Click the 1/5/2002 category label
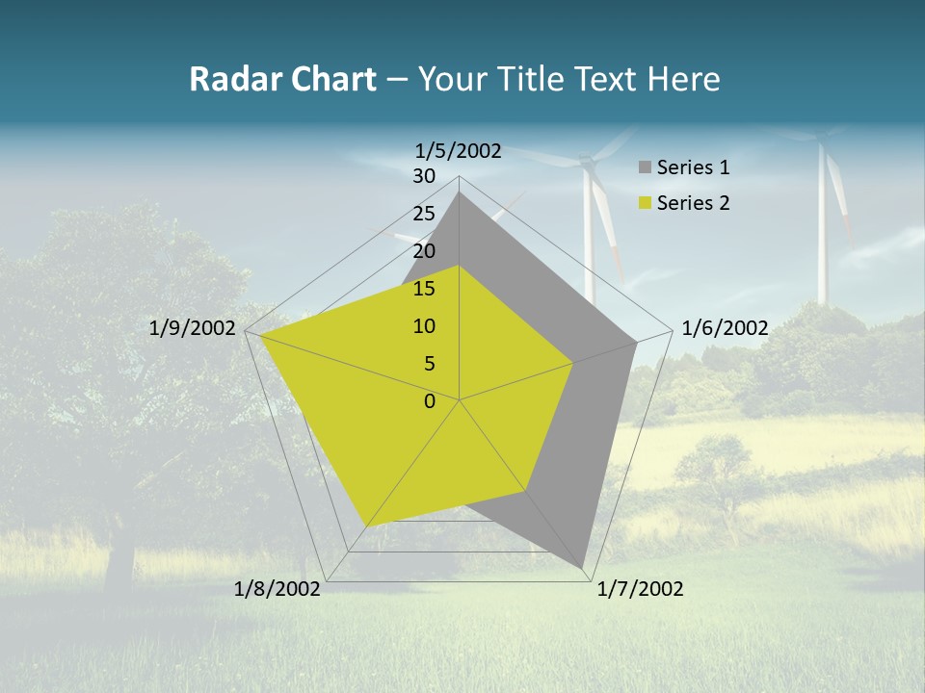[x=458, y=150]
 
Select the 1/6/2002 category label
[x=725, y=328]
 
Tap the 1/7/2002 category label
[x=640, y=589]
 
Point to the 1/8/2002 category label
[x=277, y=589]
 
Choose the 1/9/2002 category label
[x=193, y=328]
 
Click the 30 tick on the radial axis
[x=424, y=176]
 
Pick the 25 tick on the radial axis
[x=424, y=214]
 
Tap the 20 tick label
[x=424, y=251]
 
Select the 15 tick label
[x=424, y=289]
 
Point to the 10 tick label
[x=424, y=326]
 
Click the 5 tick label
[x=429, y=364]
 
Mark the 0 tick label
[x=430, y=401]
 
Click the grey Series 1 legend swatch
[x=645, y=167]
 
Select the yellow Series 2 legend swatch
[x=645, y=203]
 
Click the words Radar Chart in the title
[x=282, y=79]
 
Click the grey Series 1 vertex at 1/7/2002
[x=583, y=567]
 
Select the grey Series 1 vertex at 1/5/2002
[x=459, y=192]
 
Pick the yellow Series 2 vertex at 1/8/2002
[x=366, y=526]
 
